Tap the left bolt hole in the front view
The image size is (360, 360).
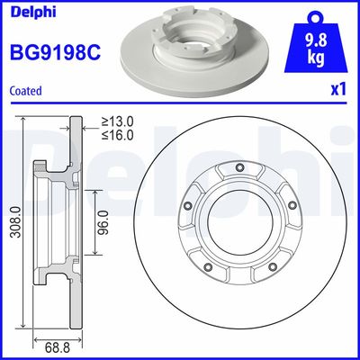pyautogui.click(x=188, y=203)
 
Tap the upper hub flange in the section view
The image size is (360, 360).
pyautogui.click(x=41, y=171)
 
